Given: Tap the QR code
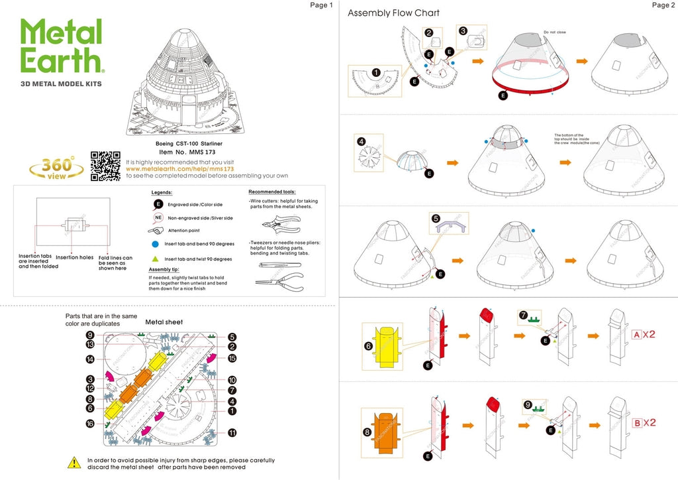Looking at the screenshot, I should (x=105, y=166).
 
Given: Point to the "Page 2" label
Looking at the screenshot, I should (x=663, y=5).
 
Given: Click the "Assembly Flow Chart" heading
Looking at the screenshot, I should (x=393, y=13).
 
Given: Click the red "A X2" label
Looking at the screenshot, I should (x=643, y=334).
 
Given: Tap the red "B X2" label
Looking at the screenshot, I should (x=644, y=423).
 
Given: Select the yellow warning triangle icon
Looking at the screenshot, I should (x=75, y=462).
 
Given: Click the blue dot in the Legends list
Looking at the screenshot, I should (x=158, y=245).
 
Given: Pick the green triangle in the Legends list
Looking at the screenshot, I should (x=158, y=259).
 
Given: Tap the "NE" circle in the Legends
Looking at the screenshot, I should (x=158, y=217).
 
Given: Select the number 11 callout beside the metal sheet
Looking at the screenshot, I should (x=232, y=433).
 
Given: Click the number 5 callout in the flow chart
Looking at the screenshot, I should (x=436, y=218).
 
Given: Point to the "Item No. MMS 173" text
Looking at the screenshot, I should (x=175, y=152).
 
